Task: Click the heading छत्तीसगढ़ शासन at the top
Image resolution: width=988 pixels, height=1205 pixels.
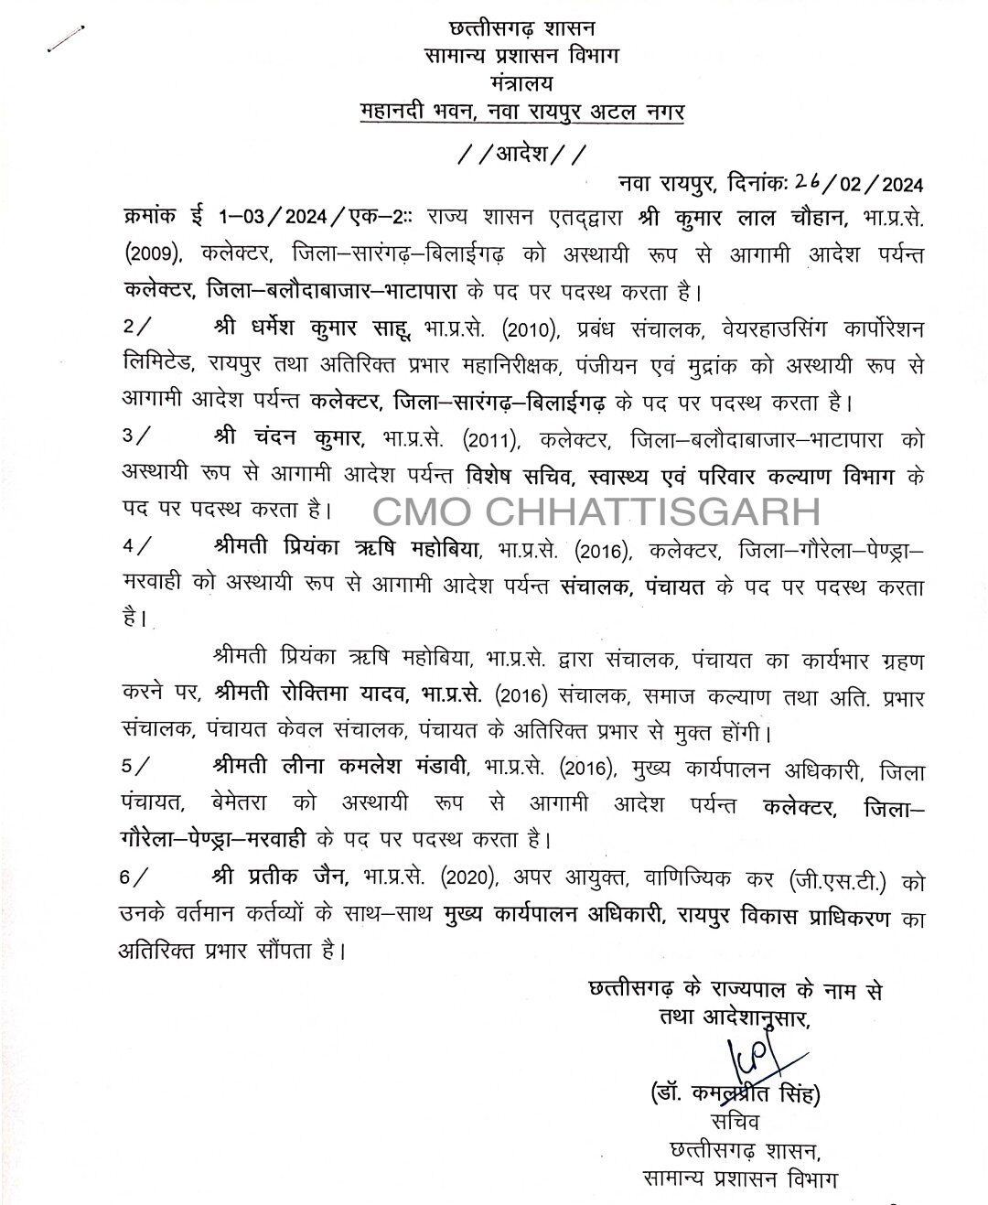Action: click(x=521, y=30)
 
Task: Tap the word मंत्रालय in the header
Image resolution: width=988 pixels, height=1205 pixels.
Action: click(x=521, y=84)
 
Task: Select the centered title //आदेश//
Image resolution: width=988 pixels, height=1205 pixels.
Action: click(x=521, y=153)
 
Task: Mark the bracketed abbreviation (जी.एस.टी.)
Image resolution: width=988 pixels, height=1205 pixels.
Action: click(x=836, y=879)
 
